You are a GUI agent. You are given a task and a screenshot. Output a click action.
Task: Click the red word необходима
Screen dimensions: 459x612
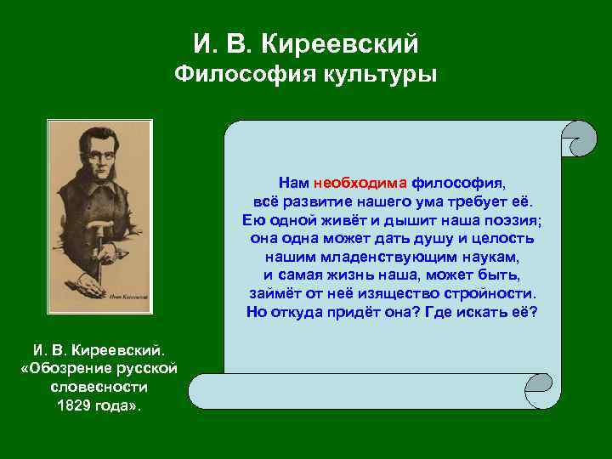(x=361, y=182)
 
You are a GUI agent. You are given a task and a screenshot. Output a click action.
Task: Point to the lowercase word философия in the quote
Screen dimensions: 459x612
(x=458, y=182)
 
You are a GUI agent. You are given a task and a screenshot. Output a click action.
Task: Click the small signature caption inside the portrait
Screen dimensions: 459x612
(x=128, y=297)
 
